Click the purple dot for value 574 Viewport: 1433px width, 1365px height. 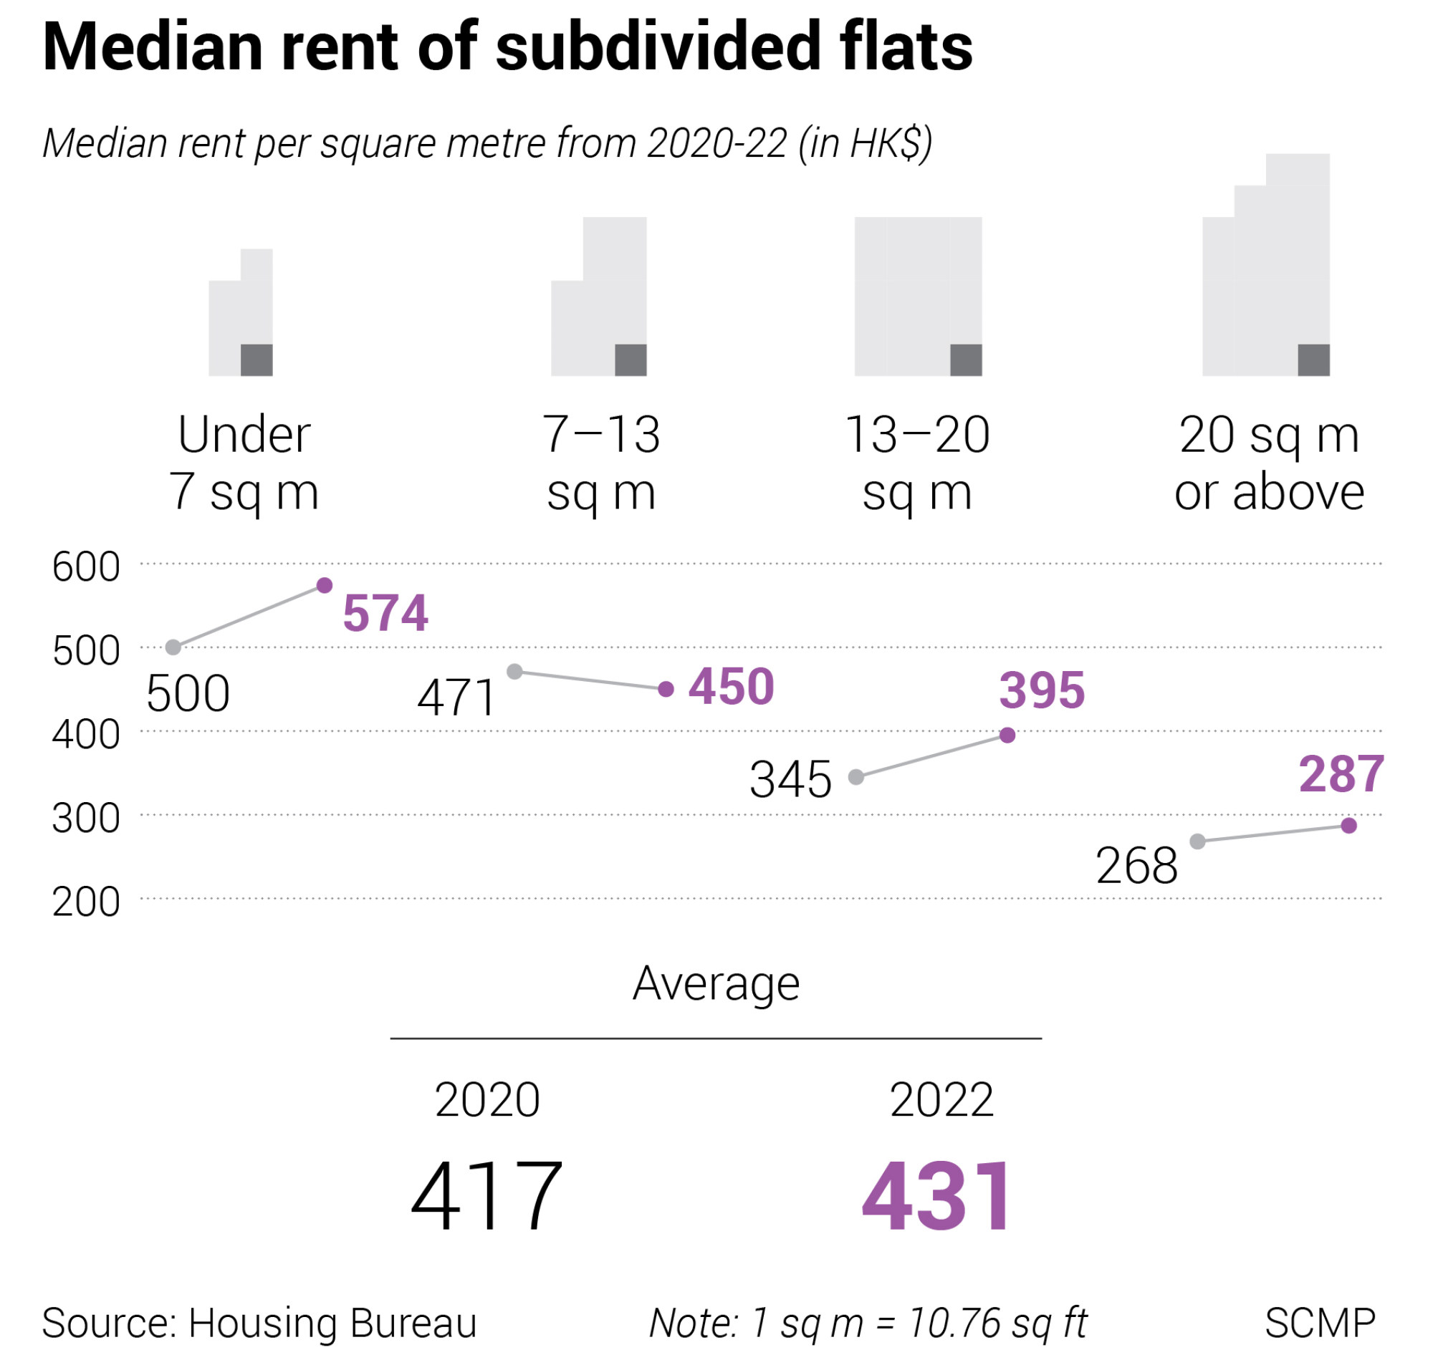(x=325, y=586)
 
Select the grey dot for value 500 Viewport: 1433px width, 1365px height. (x=173, y=647)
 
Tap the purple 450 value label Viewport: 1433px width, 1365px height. (x=732, y=687)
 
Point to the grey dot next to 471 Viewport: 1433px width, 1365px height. (x=514, y=672)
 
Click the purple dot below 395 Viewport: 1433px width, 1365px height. (x=1008, y=735)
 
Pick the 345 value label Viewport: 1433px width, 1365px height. (x=790, y=780)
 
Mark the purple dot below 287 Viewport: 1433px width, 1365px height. (x=1349, y=826)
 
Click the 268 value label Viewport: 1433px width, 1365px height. (x=1137, y=867)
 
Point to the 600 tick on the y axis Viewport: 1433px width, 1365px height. (x=86, y=566)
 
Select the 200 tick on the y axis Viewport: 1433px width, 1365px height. (x=86, y=902)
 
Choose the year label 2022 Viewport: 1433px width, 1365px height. (x=941, y=1100)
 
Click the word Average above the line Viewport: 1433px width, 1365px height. (x=716, y=984)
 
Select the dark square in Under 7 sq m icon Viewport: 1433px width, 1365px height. (x=257, y=360)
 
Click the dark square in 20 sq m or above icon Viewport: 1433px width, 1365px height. (x=1314, y=360)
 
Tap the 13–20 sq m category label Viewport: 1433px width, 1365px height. (x=918, y=463)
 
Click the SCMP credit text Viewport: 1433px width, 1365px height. (x=1321, y=1323)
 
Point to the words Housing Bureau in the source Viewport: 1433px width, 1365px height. (x=332, y=1323)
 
